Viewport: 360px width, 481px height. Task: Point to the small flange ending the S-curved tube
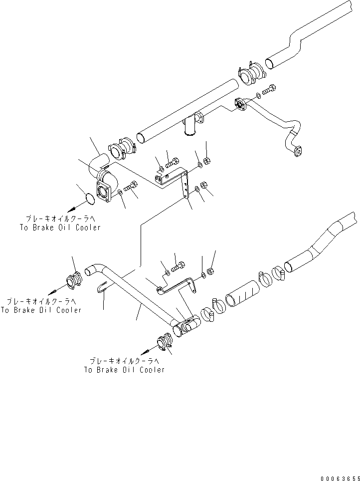point(299,152)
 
